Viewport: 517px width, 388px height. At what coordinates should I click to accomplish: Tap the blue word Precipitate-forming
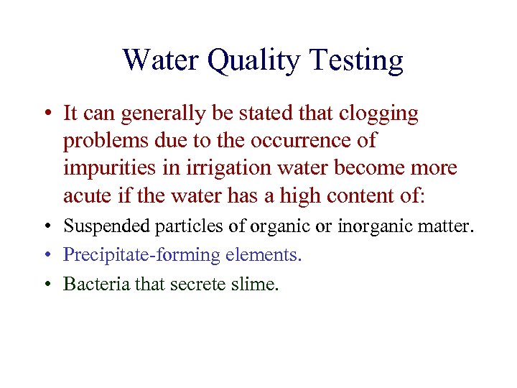[x=142, y=255]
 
